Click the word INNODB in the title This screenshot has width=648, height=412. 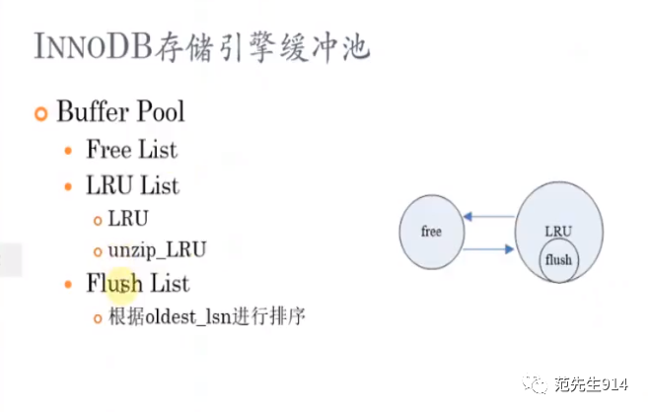[x=93, y=45]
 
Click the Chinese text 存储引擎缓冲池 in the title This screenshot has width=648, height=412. [x=262, y=47]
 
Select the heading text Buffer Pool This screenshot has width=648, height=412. [x=120, y=111]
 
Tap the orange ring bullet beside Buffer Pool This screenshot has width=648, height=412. [x=40, y=113]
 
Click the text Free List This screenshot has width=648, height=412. [x=132, y=149]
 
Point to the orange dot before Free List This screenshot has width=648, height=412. [x=69, y=151]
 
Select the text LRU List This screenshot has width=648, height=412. [x=133, y=184]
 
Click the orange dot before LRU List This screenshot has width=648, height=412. [x=69, y=186]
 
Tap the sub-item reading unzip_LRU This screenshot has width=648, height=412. [x=157, y=250]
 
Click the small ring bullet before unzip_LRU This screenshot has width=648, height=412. [x=98, y=251]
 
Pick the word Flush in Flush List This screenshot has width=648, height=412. [x=114, y=283]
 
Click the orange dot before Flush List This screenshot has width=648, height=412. [x=69, y=285]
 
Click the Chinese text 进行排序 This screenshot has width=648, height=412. [x=268, y=316]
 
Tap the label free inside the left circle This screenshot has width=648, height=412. [x=431, y=232]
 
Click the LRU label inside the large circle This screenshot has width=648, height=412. [x=558, y=232]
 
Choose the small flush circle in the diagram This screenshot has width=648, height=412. [x=558, y=259]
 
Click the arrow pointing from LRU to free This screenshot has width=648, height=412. [x=489, y=216]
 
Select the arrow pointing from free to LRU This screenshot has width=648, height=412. [x=488, y=249]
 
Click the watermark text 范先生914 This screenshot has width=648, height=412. [x=592, y=384]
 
